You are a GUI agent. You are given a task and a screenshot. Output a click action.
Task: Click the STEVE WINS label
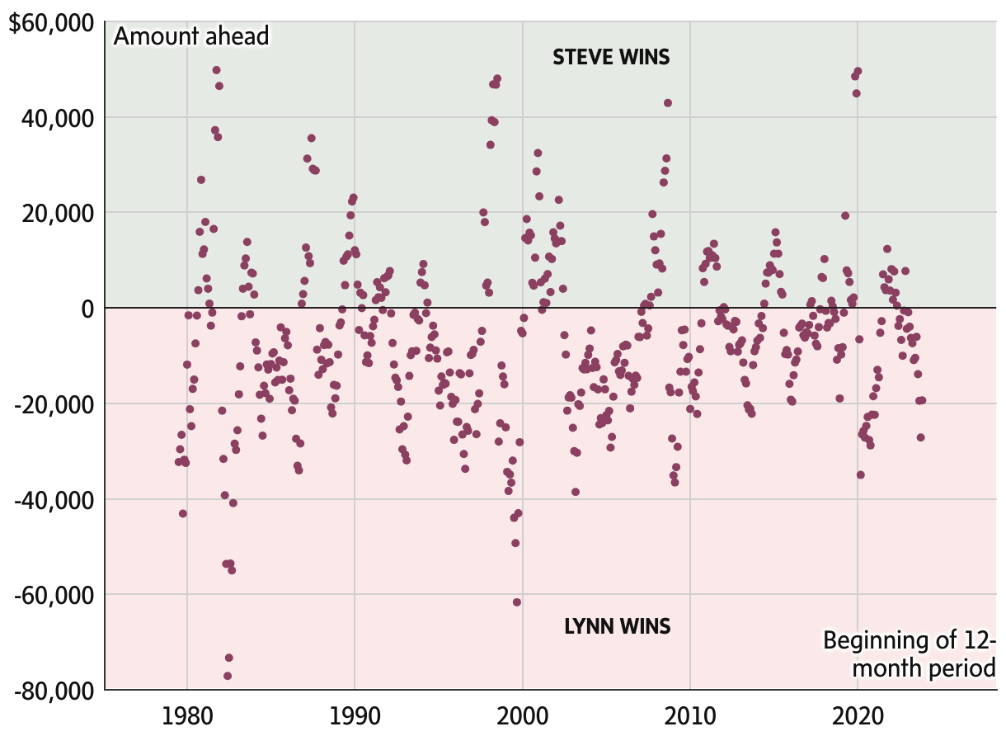(611, 57)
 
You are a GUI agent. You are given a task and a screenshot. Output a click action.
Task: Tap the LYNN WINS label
(617, 626)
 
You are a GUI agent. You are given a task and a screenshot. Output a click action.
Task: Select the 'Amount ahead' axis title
(191, 36)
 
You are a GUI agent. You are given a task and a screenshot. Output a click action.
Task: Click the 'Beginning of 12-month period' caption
(910, 653)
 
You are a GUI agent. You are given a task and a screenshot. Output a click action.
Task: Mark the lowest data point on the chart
(228, 676)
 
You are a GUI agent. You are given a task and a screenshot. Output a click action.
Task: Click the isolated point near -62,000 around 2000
(517, 602)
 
